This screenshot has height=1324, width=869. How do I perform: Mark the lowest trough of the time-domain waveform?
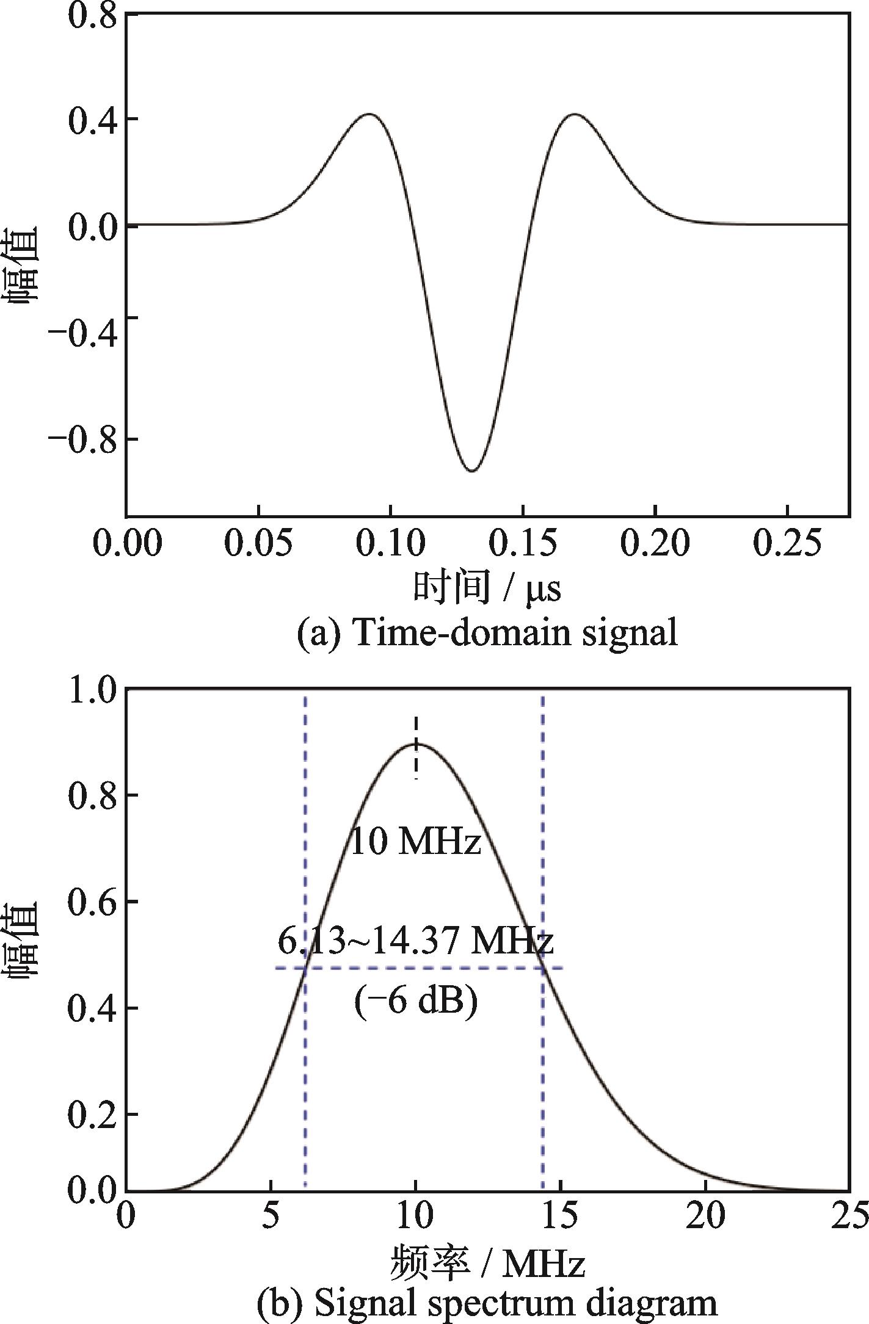coord(471,471)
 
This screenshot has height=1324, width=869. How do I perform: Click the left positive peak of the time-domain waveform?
coord(369,114)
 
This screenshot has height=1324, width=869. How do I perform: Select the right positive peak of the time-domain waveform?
coord(574,114)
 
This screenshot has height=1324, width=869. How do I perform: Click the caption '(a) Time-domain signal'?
coord(487,633)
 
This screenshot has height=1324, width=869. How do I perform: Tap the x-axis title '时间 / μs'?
coord(487,589)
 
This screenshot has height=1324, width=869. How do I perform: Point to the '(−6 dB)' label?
coord(416,1001)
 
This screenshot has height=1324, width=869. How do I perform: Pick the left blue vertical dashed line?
coord(305,1038)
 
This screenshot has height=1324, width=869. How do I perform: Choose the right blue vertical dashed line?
coord(542,1038)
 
